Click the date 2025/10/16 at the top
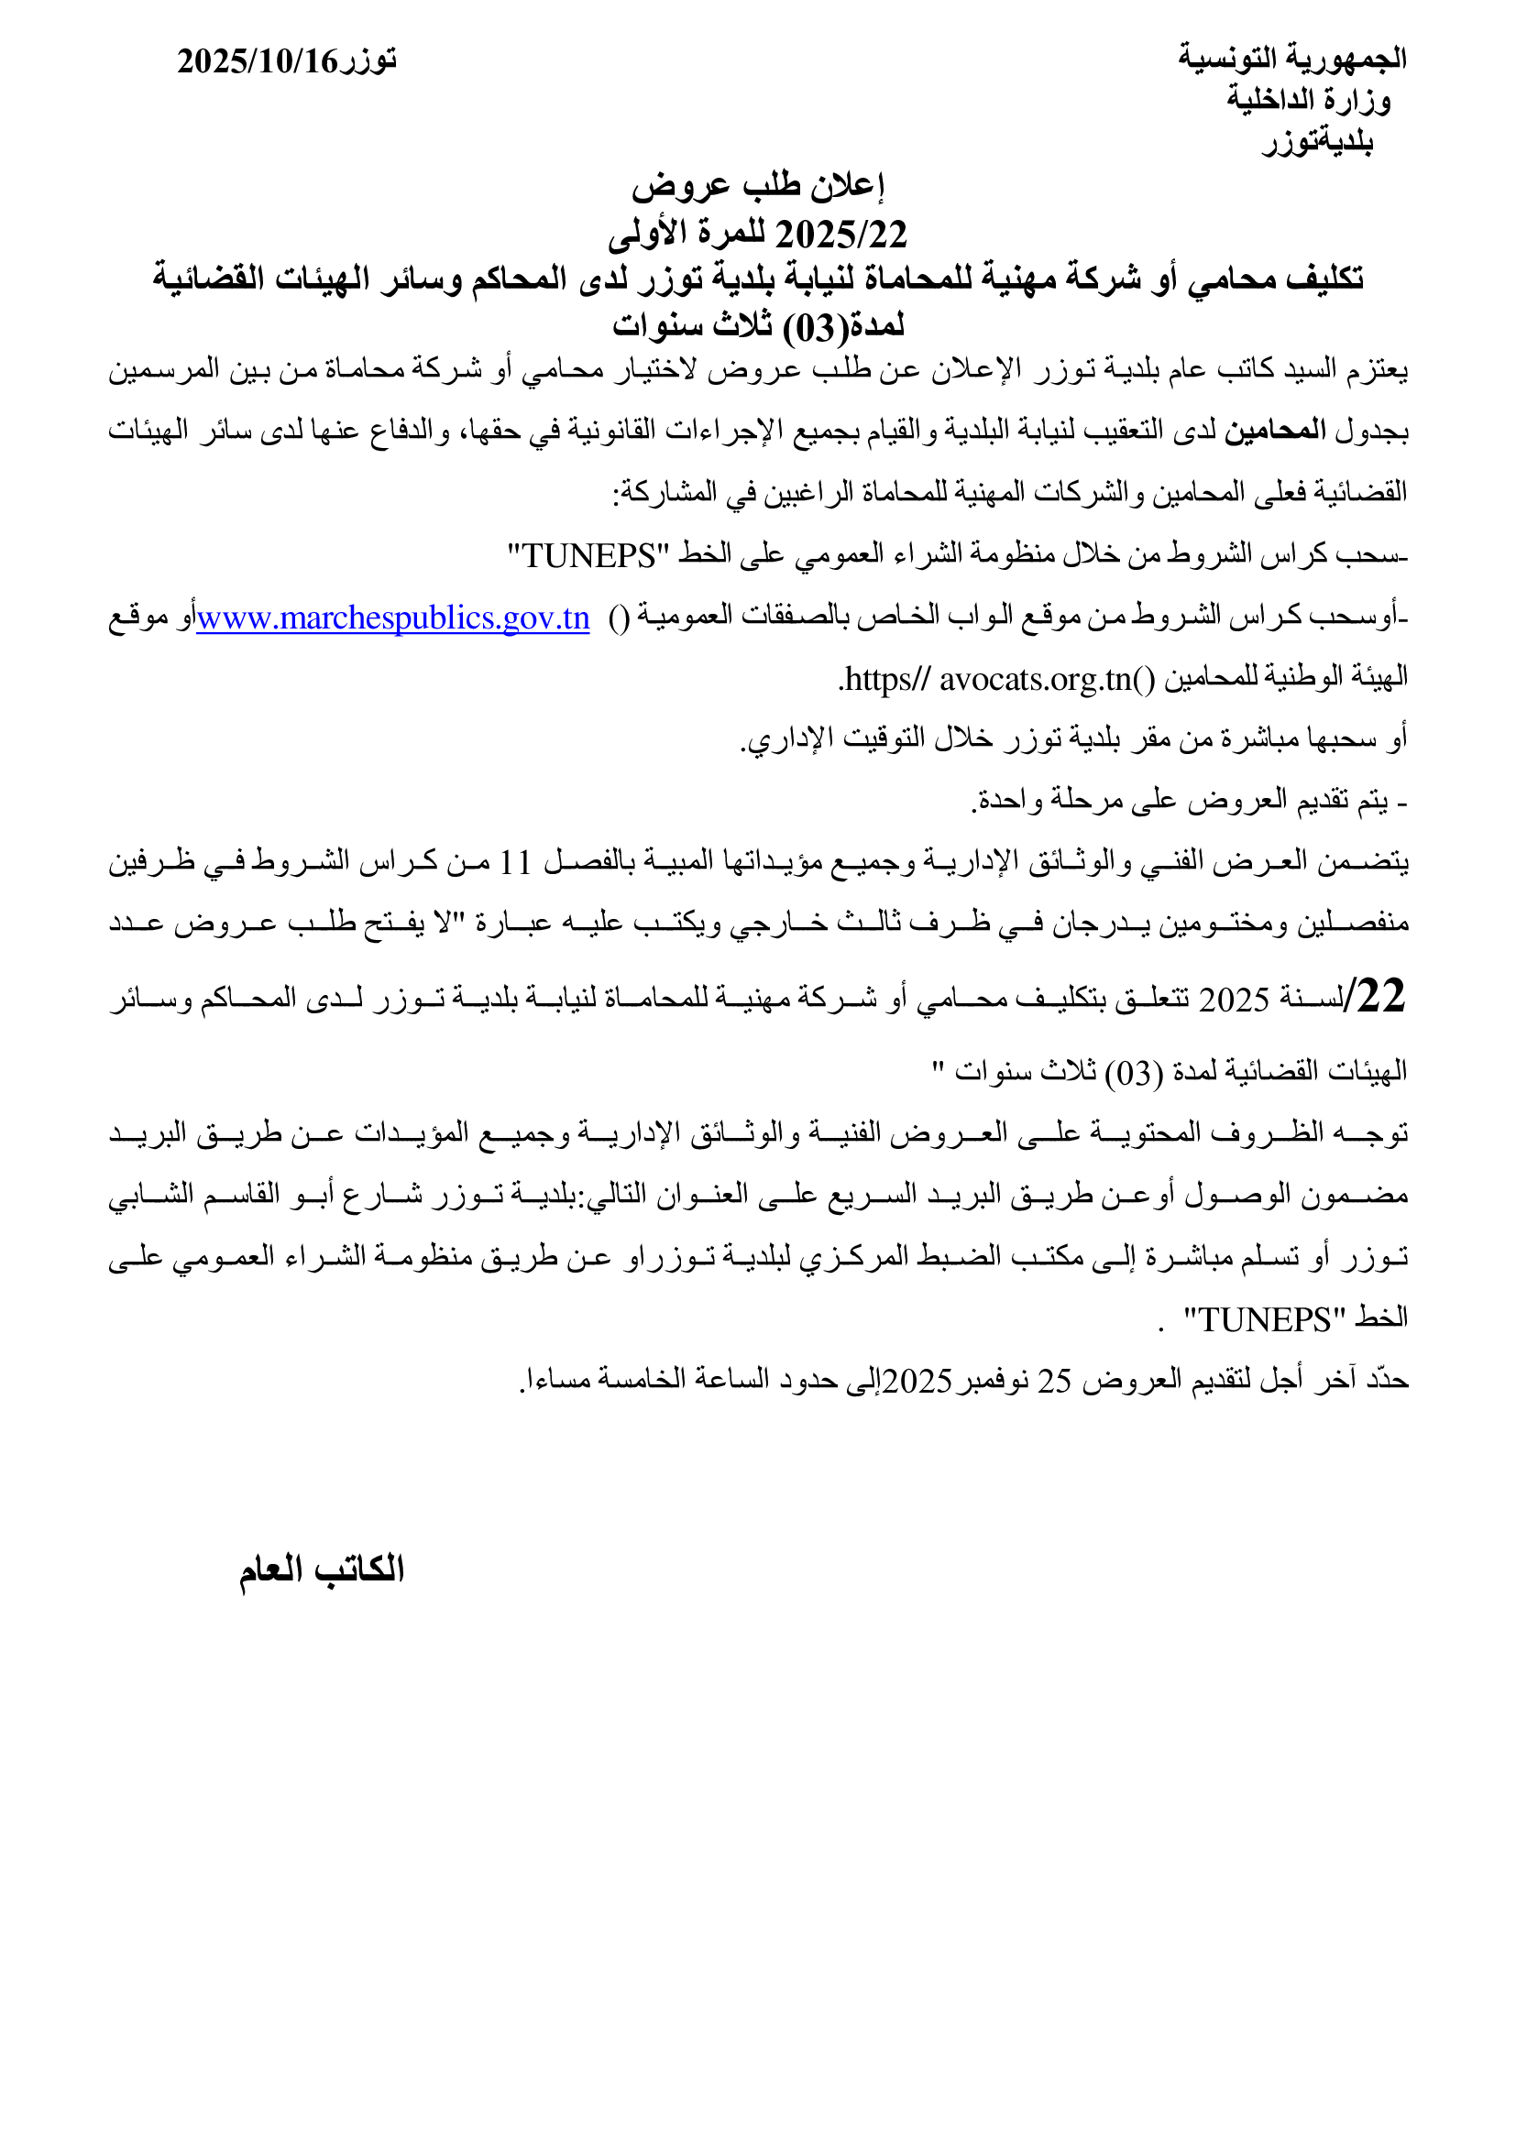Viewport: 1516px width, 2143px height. [258, 61]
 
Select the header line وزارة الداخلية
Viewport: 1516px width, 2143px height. [1308, 99]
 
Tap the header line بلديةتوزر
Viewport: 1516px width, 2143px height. [1317, 141]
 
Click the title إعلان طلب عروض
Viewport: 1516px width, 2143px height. [757, 185]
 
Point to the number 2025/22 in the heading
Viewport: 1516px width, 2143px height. [841, 235]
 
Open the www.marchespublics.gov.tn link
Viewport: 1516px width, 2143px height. [393, 618]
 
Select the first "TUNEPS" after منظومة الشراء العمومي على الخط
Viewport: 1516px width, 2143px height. [589, 555]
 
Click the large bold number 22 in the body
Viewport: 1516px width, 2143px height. [1380, 996]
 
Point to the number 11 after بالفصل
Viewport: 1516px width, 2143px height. [515, 861]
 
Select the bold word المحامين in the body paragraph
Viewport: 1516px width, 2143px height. [1275, 431]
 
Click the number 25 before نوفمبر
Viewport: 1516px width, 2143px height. [1054, 1381]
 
